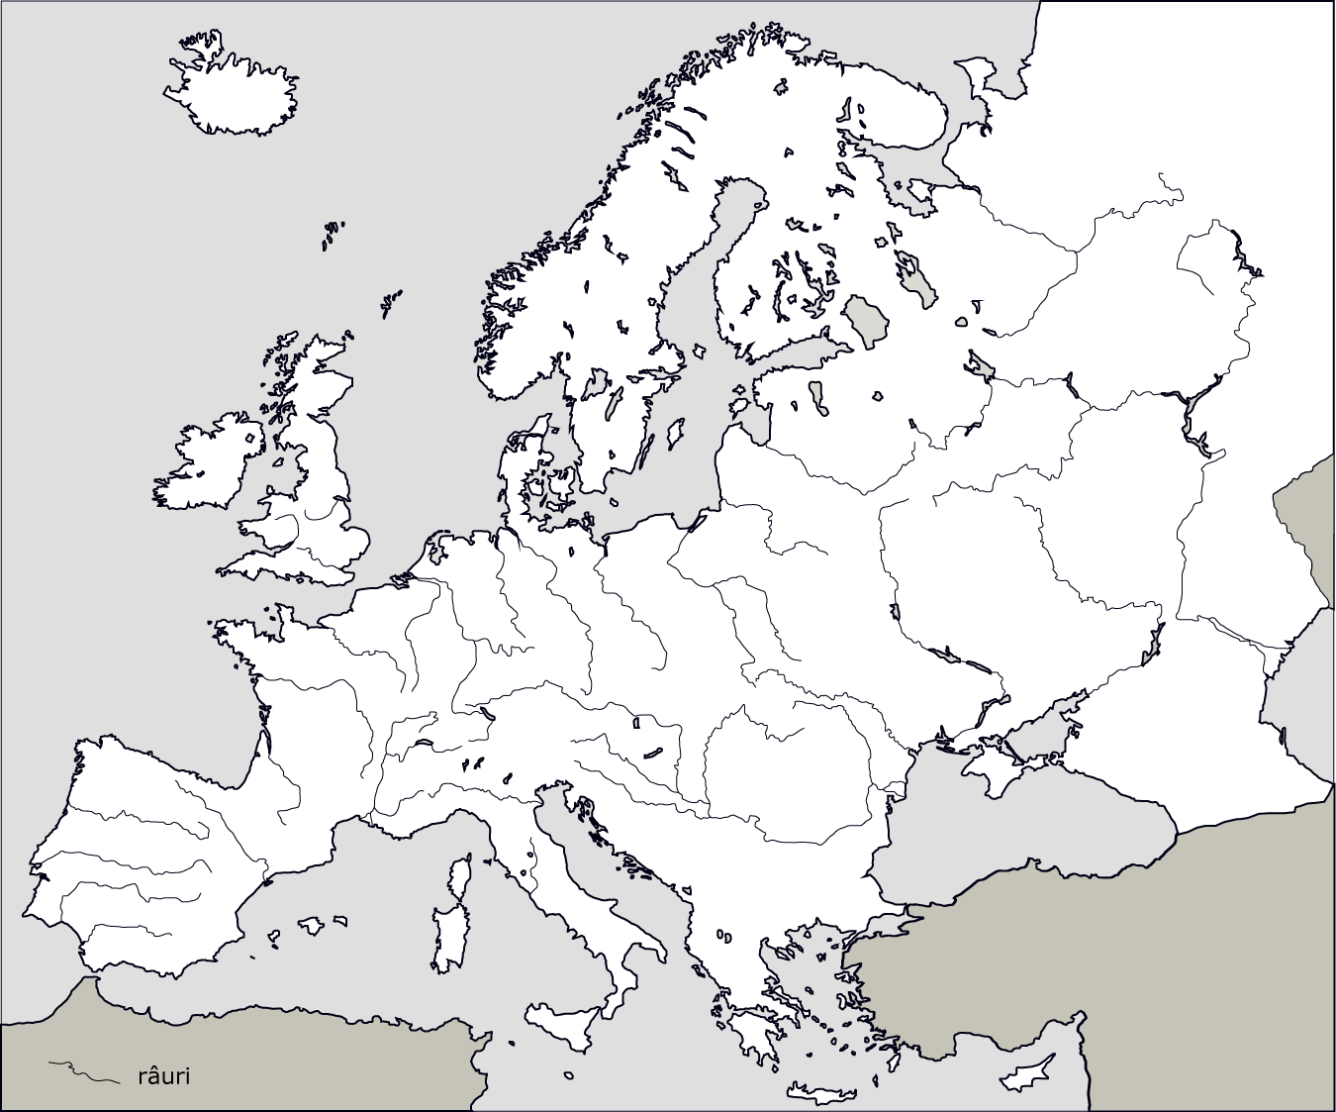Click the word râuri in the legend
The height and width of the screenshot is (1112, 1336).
coord(162,1076)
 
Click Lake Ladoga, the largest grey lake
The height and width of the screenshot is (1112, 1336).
coord(867,320)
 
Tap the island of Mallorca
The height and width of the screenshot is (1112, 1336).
coord(311,925)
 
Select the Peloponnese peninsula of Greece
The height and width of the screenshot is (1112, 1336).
coord(756,1030)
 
